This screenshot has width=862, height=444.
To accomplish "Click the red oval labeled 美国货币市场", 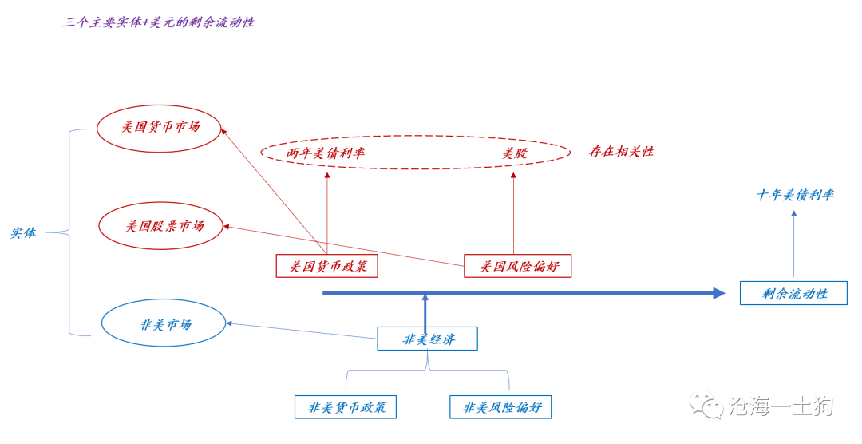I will (159, 128).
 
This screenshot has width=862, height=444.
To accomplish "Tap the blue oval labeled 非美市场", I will (164, 323).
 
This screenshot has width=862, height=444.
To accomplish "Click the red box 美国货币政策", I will (326, 266).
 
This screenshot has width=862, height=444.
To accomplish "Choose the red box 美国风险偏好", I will (518, 266).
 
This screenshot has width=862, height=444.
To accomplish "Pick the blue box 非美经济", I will (427, 339).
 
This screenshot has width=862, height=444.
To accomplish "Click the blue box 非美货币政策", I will (346, 407).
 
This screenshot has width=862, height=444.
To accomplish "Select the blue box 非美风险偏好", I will (500, 407).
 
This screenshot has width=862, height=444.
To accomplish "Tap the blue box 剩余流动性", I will (793, 293).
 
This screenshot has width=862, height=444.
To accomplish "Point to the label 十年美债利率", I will (795, 195).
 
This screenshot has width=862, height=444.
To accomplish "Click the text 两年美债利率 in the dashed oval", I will (326, 153).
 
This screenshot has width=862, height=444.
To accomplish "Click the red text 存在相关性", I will (621, 152).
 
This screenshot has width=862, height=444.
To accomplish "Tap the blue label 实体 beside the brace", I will (22, 234).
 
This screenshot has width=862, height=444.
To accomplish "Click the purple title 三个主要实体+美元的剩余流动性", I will (158, 22).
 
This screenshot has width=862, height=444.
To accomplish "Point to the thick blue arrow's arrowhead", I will (718, 293).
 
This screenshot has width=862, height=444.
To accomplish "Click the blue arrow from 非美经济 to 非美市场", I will (303, 331).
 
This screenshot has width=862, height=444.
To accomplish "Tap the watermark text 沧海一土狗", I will (780, 406).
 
